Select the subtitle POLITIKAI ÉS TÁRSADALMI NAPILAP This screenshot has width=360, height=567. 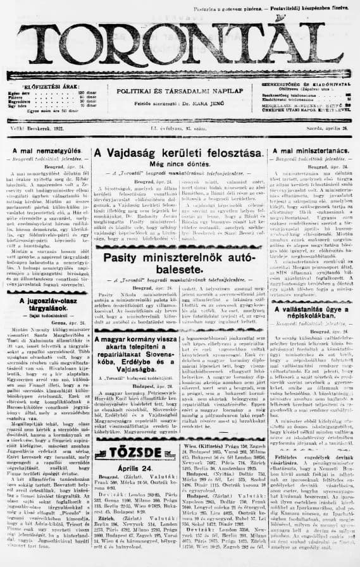(x=180, y=91)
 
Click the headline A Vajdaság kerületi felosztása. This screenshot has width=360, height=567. (x=178, y=154)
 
